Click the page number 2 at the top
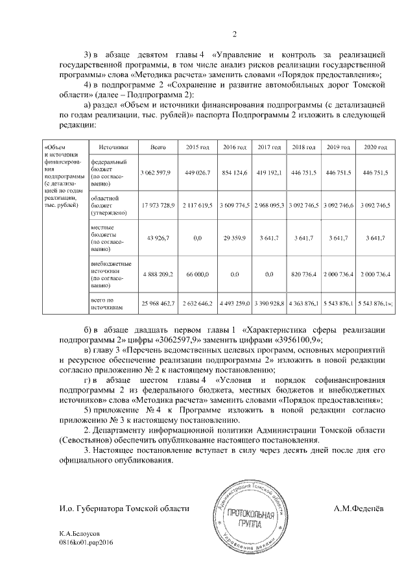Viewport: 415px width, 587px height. point(235,34)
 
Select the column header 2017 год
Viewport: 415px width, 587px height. point(269,148)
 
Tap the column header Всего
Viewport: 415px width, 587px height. point(158,148)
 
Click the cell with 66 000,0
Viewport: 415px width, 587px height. point(196,275)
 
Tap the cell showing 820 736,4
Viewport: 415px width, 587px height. point(305,275)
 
